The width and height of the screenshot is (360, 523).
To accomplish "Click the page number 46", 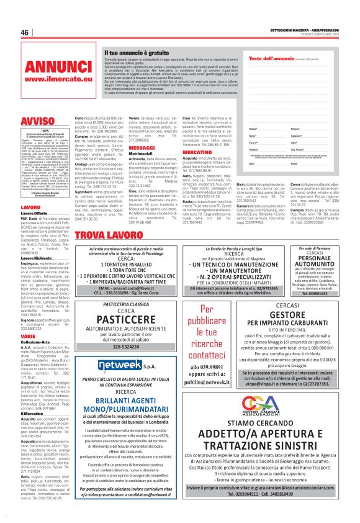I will (x=25, y=32).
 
